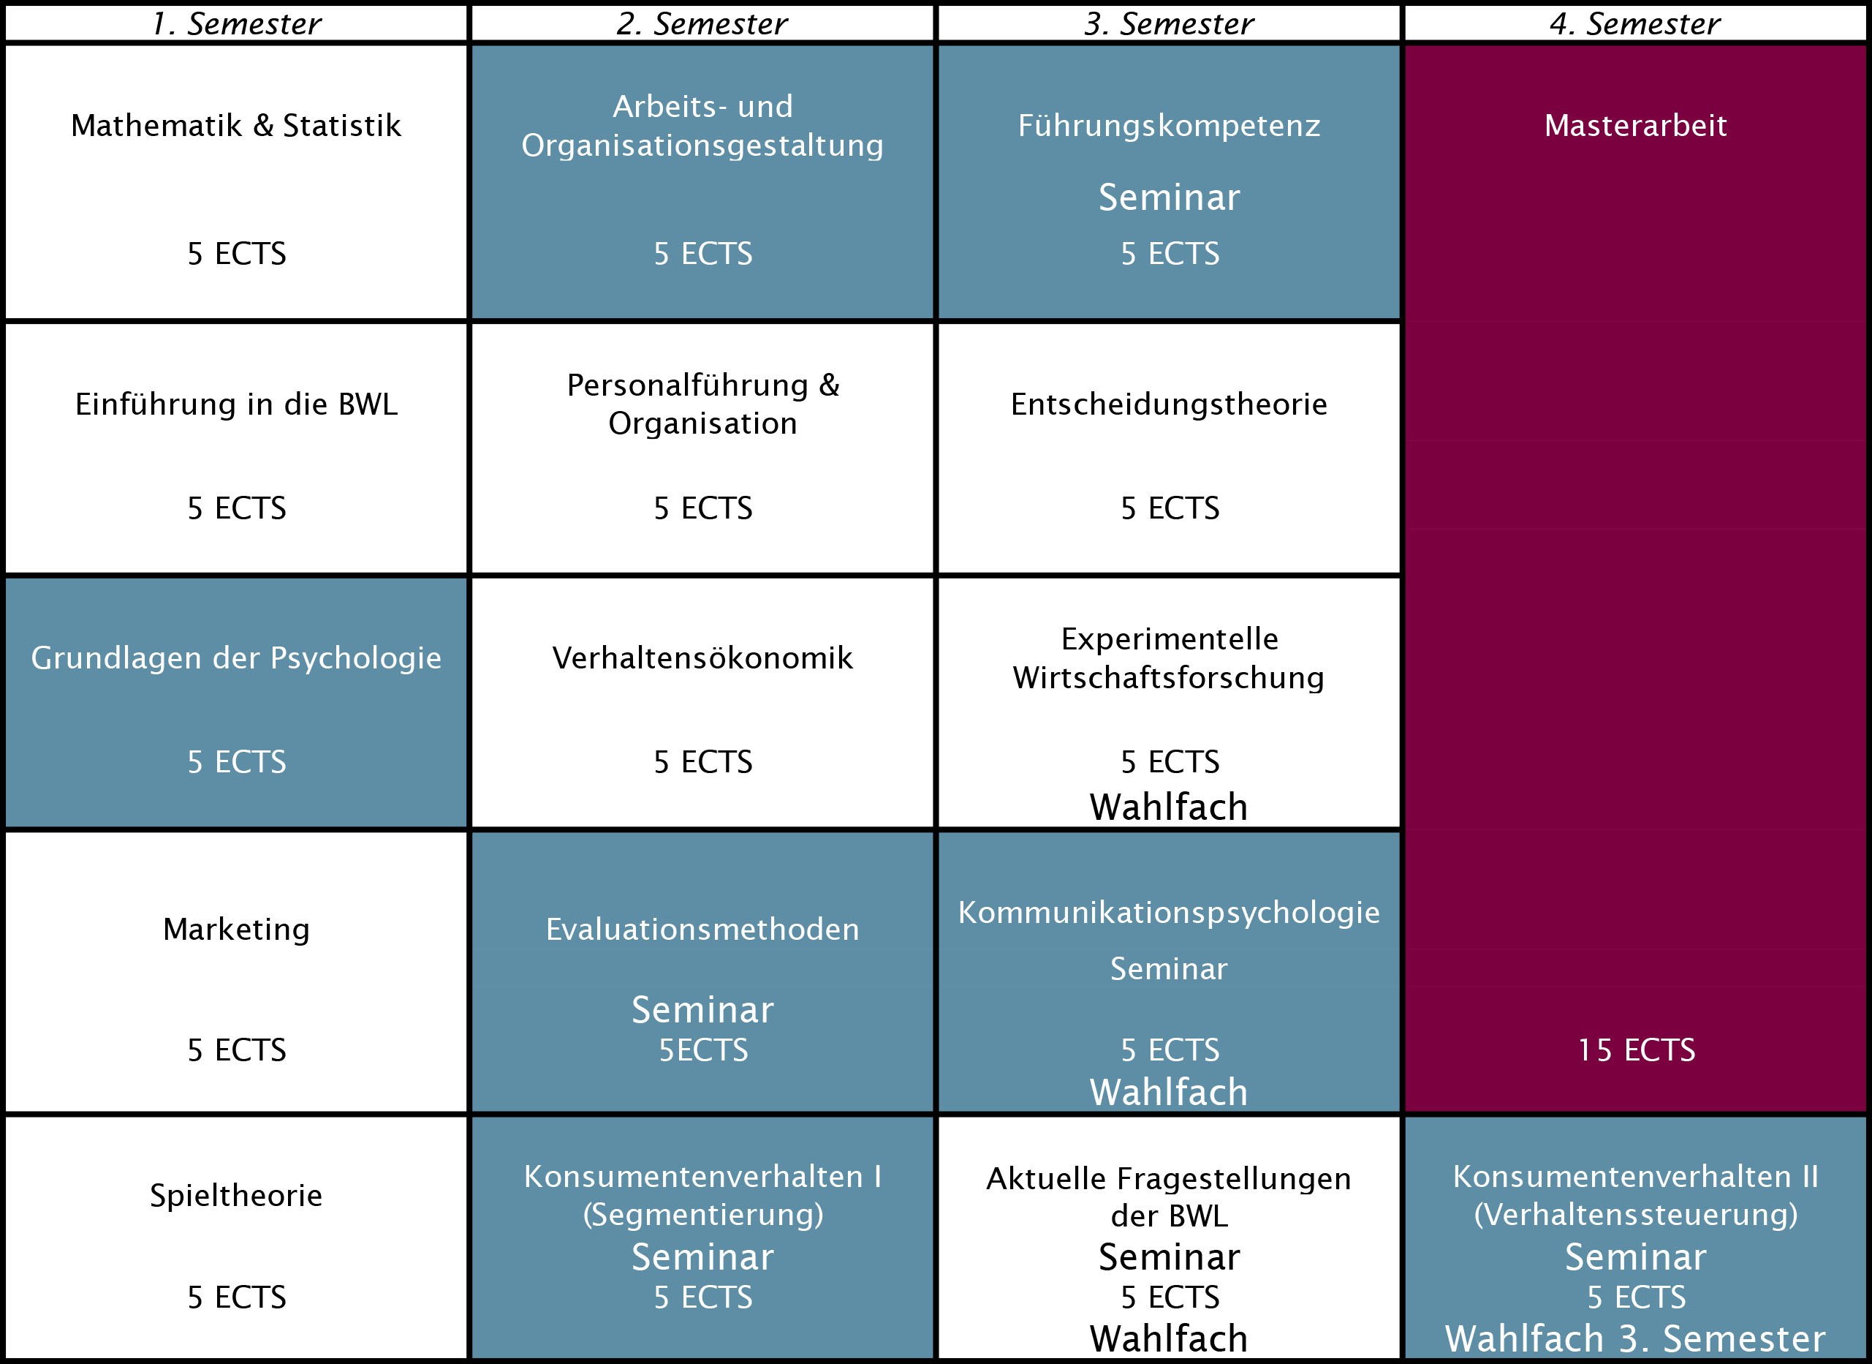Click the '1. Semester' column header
tap(236, 23)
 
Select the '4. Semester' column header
tap(1635, 23)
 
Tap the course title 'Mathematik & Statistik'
tap(236, 126)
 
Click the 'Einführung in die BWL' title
tap(236, 404)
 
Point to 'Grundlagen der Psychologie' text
tap(236, 658)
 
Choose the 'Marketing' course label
tap(236, 930)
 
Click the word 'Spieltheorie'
tap(236, 1196)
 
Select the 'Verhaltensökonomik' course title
tap(702, 658)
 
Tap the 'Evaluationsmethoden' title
tap(702, 930)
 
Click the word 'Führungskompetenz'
tap(1169, 126)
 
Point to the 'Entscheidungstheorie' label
tap(1169, 404)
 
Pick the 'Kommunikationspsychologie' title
tap(1169, 912)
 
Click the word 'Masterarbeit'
tap(1635, 126)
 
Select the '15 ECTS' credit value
tap(1635, 1050)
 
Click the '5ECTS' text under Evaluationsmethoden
tap(702, 1050)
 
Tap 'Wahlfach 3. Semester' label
tap(1635, 1338)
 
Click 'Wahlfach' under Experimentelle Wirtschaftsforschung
tap(1169, 807)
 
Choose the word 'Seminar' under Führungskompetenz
tap(1169, 197)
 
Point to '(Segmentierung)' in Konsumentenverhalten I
tap(702, 1215)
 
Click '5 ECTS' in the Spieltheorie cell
tap(236, 1297)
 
